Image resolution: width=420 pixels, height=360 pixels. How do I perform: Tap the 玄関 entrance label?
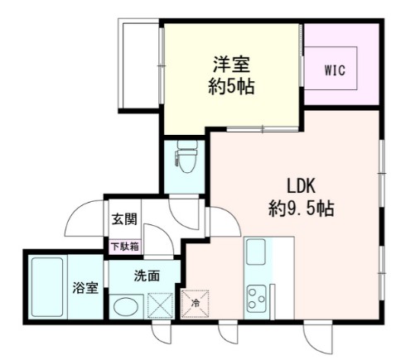pos(125,220)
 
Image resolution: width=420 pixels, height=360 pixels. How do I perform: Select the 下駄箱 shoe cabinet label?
pos(125,246)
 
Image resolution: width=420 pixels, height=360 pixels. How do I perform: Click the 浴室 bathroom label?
pos(85,288)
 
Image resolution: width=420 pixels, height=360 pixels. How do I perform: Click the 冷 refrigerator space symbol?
pos(196,304)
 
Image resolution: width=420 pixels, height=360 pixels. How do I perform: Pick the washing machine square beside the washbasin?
pos(159,305)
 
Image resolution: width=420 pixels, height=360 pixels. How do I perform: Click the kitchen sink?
pos(256,251)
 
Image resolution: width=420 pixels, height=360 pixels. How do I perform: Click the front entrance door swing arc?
pos(85,217)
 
